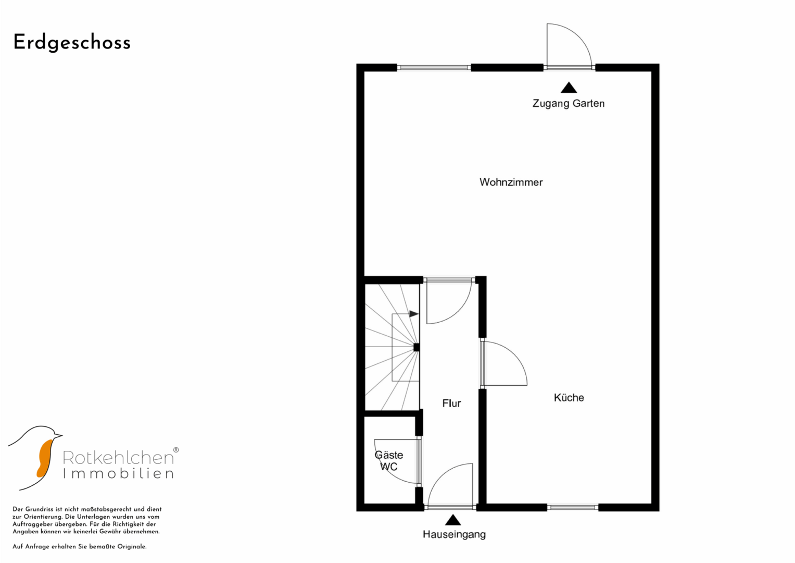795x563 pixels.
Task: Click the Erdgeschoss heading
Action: pyautogui.click(x=72, y=43)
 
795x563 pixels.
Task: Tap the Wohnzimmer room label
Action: pyautogui.click(x=511, y=182)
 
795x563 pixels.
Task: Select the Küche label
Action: pyautogui.click(x=569, y=397)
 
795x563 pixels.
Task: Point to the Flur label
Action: pyautogui.click(x=451, y=403)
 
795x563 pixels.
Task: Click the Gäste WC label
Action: pyautogui.click(x=389, y=461)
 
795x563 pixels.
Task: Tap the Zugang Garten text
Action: pyautogui.click(x=569, y=103)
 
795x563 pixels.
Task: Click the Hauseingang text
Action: pyautogui.click(x=455, y=534)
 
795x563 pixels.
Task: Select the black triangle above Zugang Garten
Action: pyautogui.click(x=569, y=88)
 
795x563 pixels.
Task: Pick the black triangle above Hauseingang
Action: pyautogui.click(x=453, y=520)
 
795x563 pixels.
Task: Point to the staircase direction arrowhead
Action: pyautogui.click(x=414, y=314)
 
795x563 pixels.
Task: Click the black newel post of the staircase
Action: pyautogui.click(x=417, y=347)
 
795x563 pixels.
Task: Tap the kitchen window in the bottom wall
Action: pyautogui.click(x=573, y=507)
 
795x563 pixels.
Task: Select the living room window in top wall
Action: pyautogui.click(x=434, y=68)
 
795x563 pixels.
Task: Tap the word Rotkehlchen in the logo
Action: pyautogui.click(x=118, y=458)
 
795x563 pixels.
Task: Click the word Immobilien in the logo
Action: pyautogui.click(x=118, y=473)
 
